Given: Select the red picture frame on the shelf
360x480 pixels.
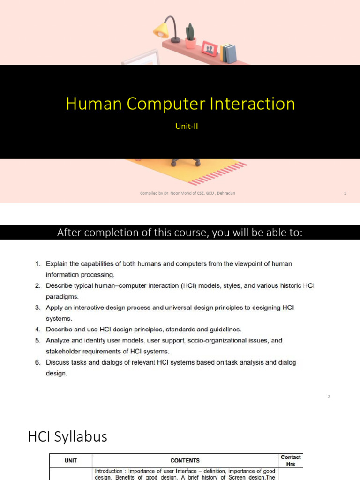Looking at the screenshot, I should [209, 48].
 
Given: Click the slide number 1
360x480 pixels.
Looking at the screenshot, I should [345, 193].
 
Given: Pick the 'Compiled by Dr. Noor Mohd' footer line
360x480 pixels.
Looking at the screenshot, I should [187, 193].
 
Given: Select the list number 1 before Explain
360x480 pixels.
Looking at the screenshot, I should [38, 264].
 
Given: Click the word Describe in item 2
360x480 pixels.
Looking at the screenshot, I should [60, 285].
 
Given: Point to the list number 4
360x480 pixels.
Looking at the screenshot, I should [38, 330].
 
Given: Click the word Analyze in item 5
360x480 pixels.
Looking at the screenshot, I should [58, 340].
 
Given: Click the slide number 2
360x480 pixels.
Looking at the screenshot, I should [329, 397].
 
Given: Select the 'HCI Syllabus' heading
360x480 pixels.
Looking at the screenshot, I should [67, 437].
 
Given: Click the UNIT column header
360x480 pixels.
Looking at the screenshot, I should [71, 460].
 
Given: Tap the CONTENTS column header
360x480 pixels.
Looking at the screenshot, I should [185, 460].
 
